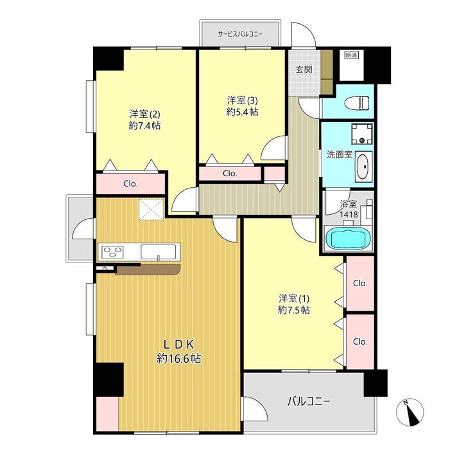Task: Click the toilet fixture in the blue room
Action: tap(358, 102)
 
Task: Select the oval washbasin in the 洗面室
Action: tap(362, 167)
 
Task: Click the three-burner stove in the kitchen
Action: tap(113, 251)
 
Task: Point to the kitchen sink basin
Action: tap(159, 251)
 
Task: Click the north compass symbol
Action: tap(410, 412)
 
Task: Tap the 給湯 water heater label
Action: tap(351, 55)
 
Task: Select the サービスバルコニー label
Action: tap(240, 34)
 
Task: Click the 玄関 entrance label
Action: tap(304, 69)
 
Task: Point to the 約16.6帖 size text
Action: tap(178, 359)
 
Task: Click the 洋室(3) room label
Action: tap(243, 100)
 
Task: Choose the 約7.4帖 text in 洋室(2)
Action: tap(145, 125)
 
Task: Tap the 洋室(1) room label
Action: tap(294, 298)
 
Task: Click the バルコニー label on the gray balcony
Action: tap(308, 401)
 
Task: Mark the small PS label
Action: tap(105, 268)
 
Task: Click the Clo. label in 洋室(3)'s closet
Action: tap(230, 173)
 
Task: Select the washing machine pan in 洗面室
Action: tap(362, 134)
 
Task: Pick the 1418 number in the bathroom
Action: tap(349, 215)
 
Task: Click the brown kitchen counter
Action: tap(148, 269)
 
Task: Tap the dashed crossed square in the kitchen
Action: tap(151, 209)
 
